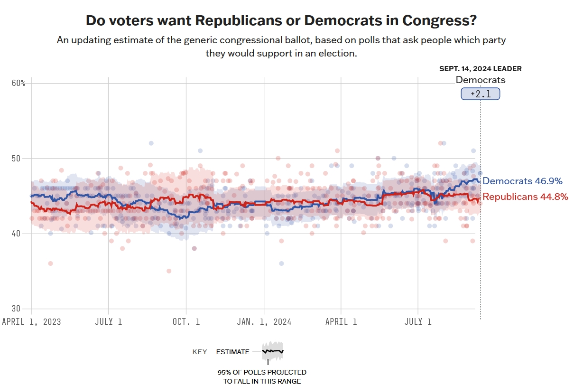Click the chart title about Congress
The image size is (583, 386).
click(x=281, y=21)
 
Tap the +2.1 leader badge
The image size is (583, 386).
click(x=480, y=94)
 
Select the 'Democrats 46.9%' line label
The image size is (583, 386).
click(x=522, y=181)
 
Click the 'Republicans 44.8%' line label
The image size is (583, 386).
click(x=525, y=197)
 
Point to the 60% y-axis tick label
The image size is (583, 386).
click(x=18, y=84)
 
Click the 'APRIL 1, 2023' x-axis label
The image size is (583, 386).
click(x=31, y=322)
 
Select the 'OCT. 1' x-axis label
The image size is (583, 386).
click(x=186, y=322)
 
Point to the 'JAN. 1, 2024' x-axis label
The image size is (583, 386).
click(x=264, y=322)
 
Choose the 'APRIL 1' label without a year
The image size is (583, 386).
click(x=341, y=322)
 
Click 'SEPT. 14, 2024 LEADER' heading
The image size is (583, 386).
click(x=480, y=69)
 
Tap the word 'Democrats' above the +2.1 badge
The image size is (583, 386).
click(x=480, y=80)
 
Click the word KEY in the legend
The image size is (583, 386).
click(x=200, y=352)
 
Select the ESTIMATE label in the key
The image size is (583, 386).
click(x=232, y=352)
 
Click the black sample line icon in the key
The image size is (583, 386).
click(x=272, y=351)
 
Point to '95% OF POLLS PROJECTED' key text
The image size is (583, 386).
click(x=262, y=372)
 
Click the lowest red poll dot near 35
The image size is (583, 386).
click(x=168, y=271)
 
